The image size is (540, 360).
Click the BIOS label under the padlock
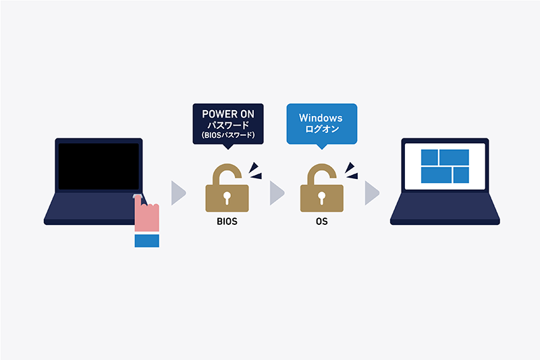coord(227,222)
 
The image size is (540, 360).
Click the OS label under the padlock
coord(321,222)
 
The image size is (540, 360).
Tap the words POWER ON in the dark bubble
coord(227,113)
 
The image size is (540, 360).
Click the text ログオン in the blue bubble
coord(321,130)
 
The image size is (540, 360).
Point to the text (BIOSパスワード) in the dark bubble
coord(227,135)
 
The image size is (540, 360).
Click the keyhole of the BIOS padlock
coord(227,198)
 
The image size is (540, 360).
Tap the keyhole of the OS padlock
coord(322,198)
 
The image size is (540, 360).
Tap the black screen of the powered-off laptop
coord(99,166)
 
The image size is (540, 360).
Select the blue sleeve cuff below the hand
coord(146,240)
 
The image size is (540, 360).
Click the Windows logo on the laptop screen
coord(445,166)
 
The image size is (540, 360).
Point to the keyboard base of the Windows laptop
coord(445,213)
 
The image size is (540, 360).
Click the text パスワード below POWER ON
coord(227,125)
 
